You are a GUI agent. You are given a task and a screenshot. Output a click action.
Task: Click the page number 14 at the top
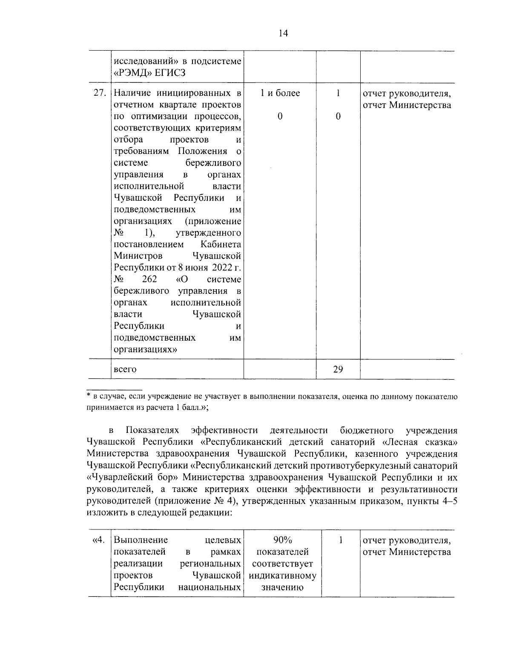283,34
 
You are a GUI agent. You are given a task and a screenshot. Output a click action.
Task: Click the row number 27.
99,93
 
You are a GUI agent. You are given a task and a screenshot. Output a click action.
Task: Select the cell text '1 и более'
280,93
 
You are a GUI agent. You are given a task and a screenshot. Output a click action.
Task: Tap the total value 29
338,369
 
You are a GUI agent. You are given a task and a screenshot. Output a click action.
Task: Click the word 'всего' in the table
125,370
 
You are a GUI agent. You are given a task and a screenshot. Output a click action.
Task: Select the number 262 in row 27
149,279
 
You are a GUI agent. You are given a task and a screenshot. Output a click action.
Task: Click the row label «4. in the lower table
98,541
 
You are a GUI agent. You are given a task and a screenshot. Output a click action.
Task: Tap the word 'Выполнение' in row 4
141,540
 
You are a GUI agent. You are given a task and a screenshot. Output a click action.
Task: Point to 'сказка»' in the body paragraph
441,442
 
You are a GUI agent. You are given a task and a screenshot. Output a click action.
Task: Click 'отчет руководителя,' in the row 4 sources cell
406,541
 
